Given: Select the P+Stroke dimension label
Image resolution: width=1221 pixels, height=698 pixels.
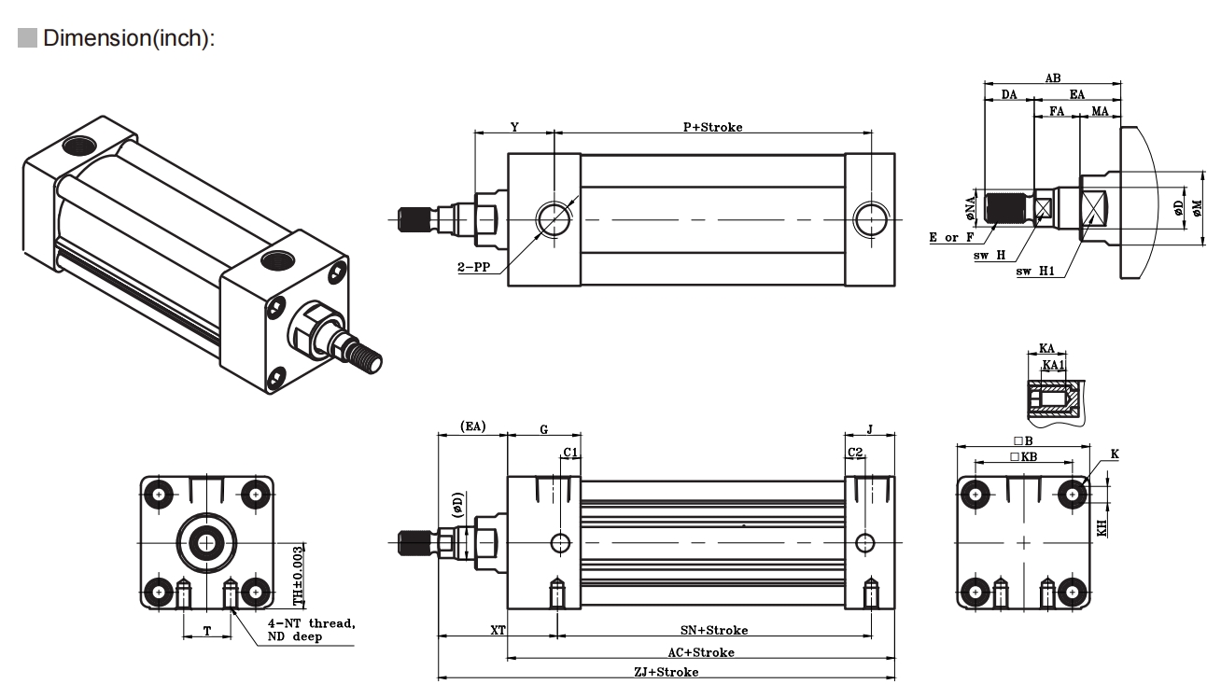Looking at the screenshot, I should pos(712,127).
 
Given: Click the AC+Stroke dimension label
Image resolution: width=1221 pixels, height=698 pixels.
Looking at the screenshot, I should pos(701,651).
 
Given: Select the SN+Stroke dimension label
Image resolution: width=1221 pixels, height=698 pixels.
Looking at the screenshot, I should pos(714,631).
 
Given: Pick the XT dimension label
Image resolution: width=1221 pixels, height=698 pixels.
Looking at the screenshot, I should pos(498,631).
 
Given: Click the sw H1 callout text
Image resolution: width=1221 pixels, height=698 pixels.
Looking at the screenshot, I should pos(1035,272).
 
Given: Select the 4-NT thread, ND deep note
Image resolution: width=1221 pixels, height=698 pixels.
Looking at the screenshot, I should pos(311,630).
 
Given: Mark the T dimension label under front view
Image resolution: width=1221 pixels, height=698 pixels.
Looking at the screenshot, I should pos(206,631).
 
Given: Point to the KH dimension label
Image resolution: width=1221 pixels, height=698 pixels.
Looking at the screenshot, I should pos(1102,527).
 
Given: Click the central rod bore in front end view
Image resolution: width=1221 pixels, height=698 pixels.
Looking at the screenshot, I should pos(205,541).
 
